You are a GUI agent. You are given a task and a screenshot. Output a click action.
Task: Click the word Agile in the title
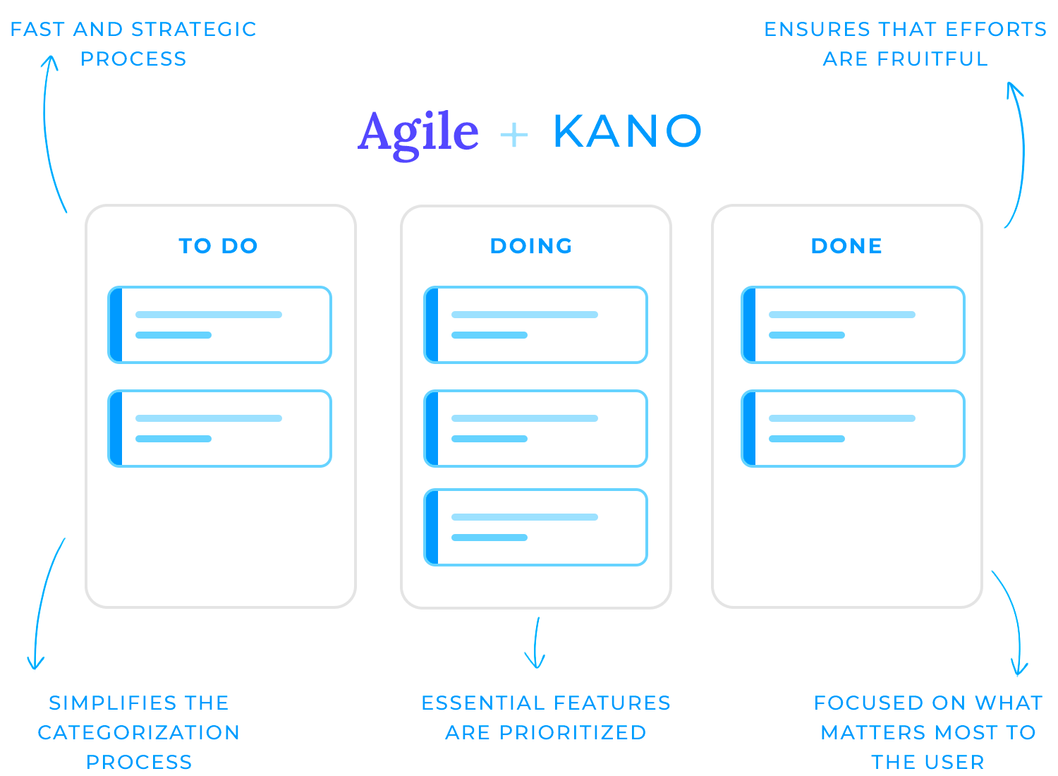pyautogui.click(x=418, y=135)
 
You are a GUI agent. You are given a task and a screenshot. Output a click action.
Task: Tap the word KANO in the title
pyautogui.click(x=628, y=131)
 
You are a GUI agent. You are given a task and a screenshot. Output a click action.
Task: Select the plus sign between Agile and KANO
pyautogui.click(x=514, y=135)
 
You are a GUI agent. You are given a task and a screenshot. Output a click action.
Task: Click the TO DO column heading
pyautogui.click(x=218, y=246)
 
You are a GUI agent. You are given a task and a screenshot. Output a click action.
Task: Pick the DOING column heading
pyautogui.click(x=531, y=246)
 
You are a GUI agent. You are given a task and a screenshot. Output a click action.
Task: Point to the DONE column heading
pyautogui.click(x=847, y=246)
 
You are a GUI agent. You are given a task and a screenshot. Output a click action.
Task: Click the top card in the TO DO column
pyautogui.click(x=219, y=325)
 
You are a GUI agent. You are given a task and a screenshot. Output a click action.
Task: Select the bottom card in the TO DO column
pyautogui.click(x=219, y=429)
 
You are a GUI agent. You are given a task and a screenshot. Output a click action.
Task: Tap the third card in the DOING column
pyautogui.click(x=535, y=528)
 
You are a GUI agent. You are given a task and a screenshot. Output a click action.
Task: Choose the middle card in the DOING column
pyautogui.click(x=535, y=429)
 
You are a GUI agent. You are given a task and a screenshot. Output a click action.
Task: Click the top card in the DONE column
pyautogui.click(x=853, y=325)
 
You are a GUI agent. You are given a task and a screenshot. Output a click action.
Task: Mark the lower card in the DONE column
pyautogui.click(x=853, y=429)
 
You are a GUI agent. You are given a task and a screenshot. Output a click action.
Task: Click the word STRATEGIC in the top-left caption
pyautogui.click(x=194, y=30)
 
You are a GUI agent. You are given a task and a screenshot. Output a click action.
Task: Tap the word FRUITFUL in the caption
pyautogui.click(x=932, y=59)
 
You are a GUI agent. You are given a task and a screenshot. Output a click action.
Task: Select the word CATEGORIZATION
pyautogui.click(x=139, y=733)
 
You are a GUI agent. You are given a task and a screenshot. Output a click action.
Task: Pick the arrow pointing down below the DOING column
pyautogui.click(x=535, y=643)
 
